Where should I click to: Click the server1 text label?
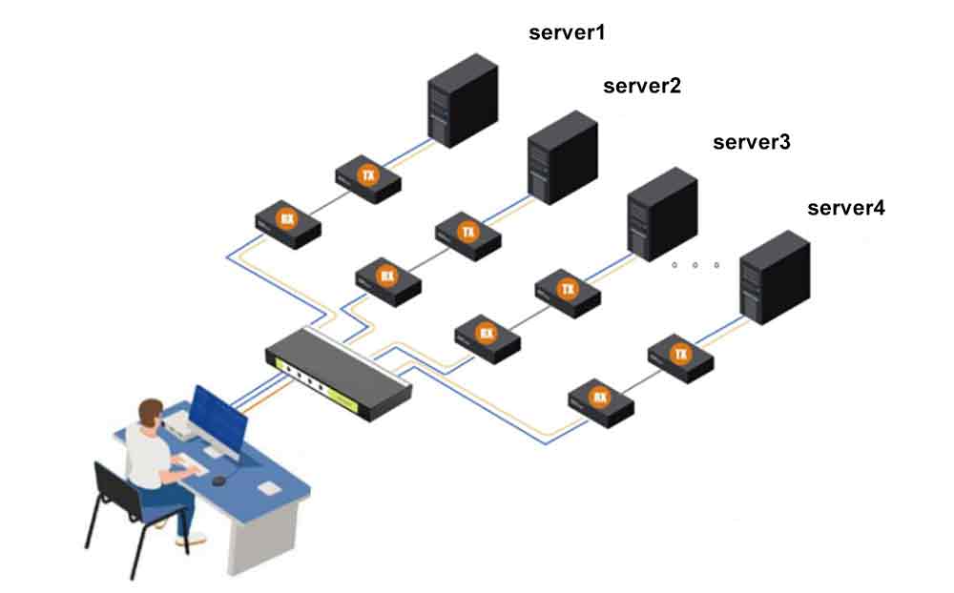click(567, 33)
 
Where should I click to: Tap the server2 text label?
click(642, 87)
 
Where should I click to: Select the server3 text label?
click(752, 143)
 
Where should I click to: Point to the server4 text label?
click(846, 208)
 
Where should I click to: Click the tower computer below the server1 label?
click(462, 100)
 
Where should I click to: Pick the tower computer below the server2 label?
click(562, 156)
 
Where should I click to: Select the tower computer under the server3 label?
click(662, 214)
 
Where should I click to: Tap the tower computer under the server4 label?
click(775, 277)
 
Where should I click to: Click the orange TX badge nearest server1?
click(367, 174)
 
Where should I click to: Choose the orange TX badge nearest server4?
click(681, 355)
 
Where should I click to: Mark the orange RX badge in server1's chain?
click(286, 219)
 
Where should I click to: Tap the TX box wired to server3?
click(568, 290)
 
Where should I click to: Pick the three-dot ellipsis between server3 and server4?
click(695, 265)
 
